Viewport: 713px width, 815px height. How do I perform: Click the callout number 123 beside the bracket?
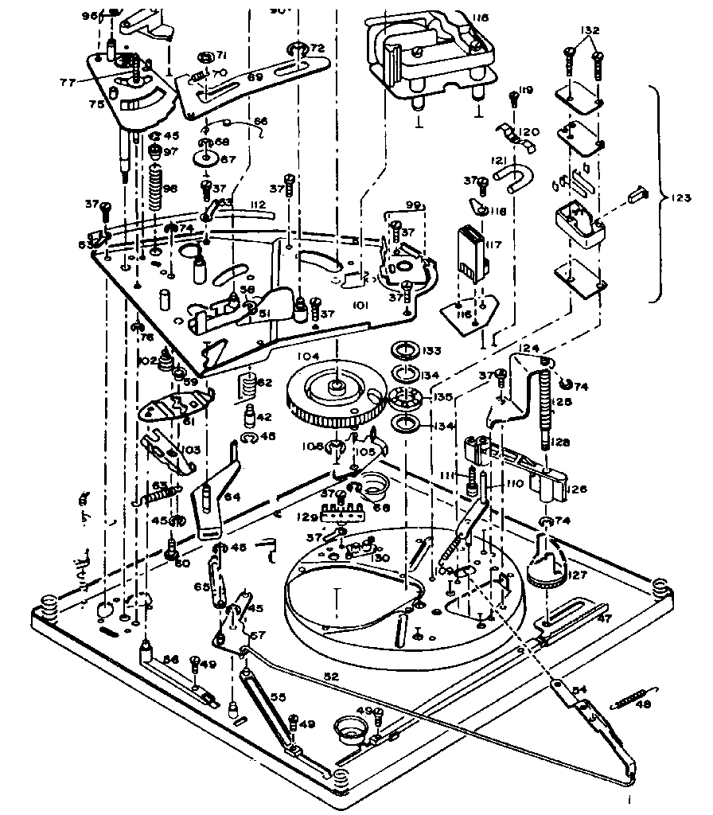pyautogui.click(x=681, y=195)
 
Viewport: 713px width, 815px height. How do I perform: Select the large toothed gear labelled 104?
pyautogui.click(x=334, y=396)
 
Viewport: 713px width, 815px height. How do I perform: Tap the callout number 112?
pyautogui.click(x=256, y=205)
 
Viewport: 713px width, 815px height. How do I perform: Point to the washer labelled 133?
pyautogui.click(x=405, y=352)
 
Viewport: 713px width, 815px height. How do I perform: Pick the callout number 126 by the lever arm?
pyautogui.click(x=577, y=489)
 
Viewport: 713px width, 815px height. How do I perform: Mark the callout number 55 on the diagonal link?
pyautogui.click(x=277, y=696)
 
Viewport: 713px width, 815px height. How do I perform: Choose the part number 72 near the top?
pyautogui.click(x=317, y=49)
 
